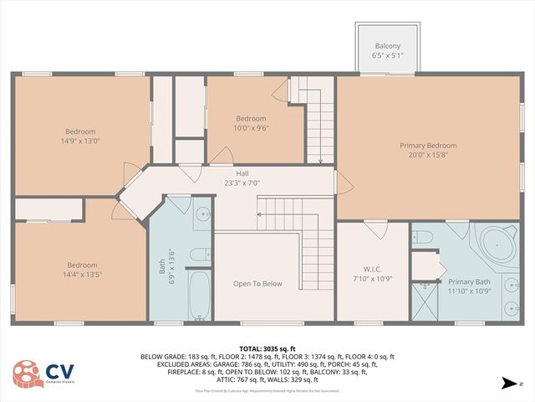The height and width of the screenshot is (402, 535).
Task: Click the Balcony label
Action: pyautogui.click(x=387, y=46)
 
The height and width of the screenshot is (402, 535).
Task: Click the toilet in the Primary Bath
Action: pyautogui.click(x=421, y=237)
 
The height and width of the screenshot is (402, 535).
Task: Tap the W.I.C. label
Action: pyautogui.click(x=372, y=269)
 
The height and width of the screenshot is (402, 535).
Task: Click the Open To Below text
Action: pyautogui.click(x=257, y=284)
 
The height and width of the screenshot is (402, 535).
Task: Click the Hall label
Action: pyautogui.click(x=242, y=173)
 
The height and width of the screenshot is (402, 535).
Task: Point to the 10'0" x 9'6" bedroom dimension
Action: pyautogui.click(x=250, y=128)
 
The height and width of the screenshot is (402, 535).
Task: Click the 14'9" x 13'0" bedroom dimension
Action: pyautogui.click(x=81, y=141)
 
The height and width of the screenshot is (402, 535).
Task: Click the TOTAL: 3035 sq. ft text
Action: pyautogui.click(x=267, y=348)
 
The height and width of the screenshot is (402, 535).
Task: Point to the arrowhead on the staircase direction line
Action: pyautogui.click(x=259, y=215)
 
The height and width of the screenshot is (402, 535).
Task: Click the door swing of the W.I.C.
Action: pyautogui.click(x=374, y=229)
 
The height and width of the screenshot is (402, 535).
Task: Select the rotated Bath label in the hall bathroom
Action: pyautogui.click(x=163, y=266)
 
